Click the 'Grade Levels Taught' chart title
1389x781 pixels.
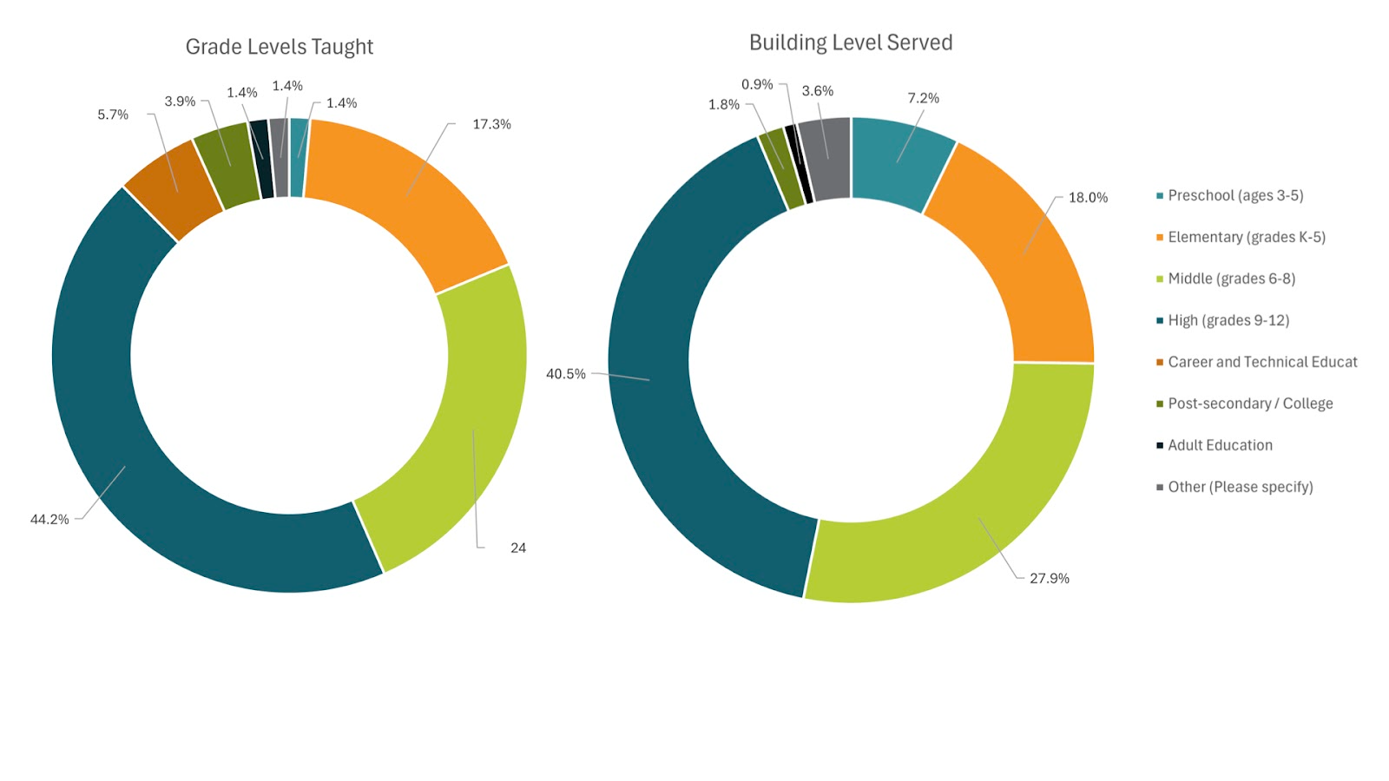pyautogui.click(x=279, y=47)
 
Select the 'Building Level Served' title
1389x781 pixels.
pyautogui.click(x=850, y=43)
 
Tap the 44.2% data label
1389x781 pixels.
pyautogui.click(x=49, y=519)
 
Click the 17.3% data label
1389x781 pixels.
pyautogui.click(x=491, y=124)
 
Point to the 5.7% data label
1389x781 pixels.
pyautogui.click(x=113, y=115)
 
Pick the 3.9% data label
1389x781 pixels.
pyautogui.click(x=181, y=102)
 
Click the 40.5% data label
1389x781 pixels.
pyautogui.click(x=565, y=374)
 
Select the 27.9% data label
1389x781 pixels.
pyautogui.click(x=1049, y=578)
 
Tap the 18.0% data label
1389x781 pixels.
pyautogui.click(x=1088, y=197)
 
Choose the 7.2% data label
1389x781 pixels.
pyautogui.click(x=923, y=98)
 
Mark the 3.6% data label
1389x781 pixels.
pyautogui.click(x=817, y=91)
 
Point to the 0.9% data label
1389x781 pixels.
pyautogui.click(x=757, y=84)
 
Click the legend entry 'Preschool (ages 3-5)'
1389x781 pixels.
pyautogui.click(x=1234, y=195)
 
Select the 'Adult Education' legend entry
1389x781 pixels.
pyautogui.click(x=1220, y=445)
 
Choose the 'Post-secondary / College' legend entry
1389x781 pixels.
pyautogui.click(x=1249, y=404)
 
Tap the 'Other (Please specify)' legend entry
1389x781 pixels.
pyautogui.click(x=1240, y=487)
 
